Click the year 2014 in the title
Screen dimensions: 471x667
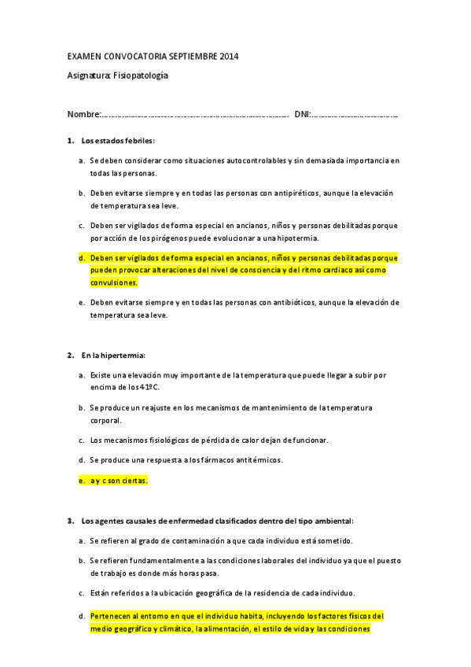pos(230,57)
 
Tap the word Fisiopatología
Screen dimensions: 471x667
pos(141,76)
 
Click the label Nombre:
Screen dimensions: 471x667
pos(84,115)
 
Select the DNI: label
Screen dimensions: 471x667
pos(303,115)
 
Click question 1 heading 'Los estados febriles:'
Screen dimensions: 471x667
pos(118,141)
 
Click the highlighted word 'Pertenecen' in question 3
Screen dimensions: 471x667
pos(112,616)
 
